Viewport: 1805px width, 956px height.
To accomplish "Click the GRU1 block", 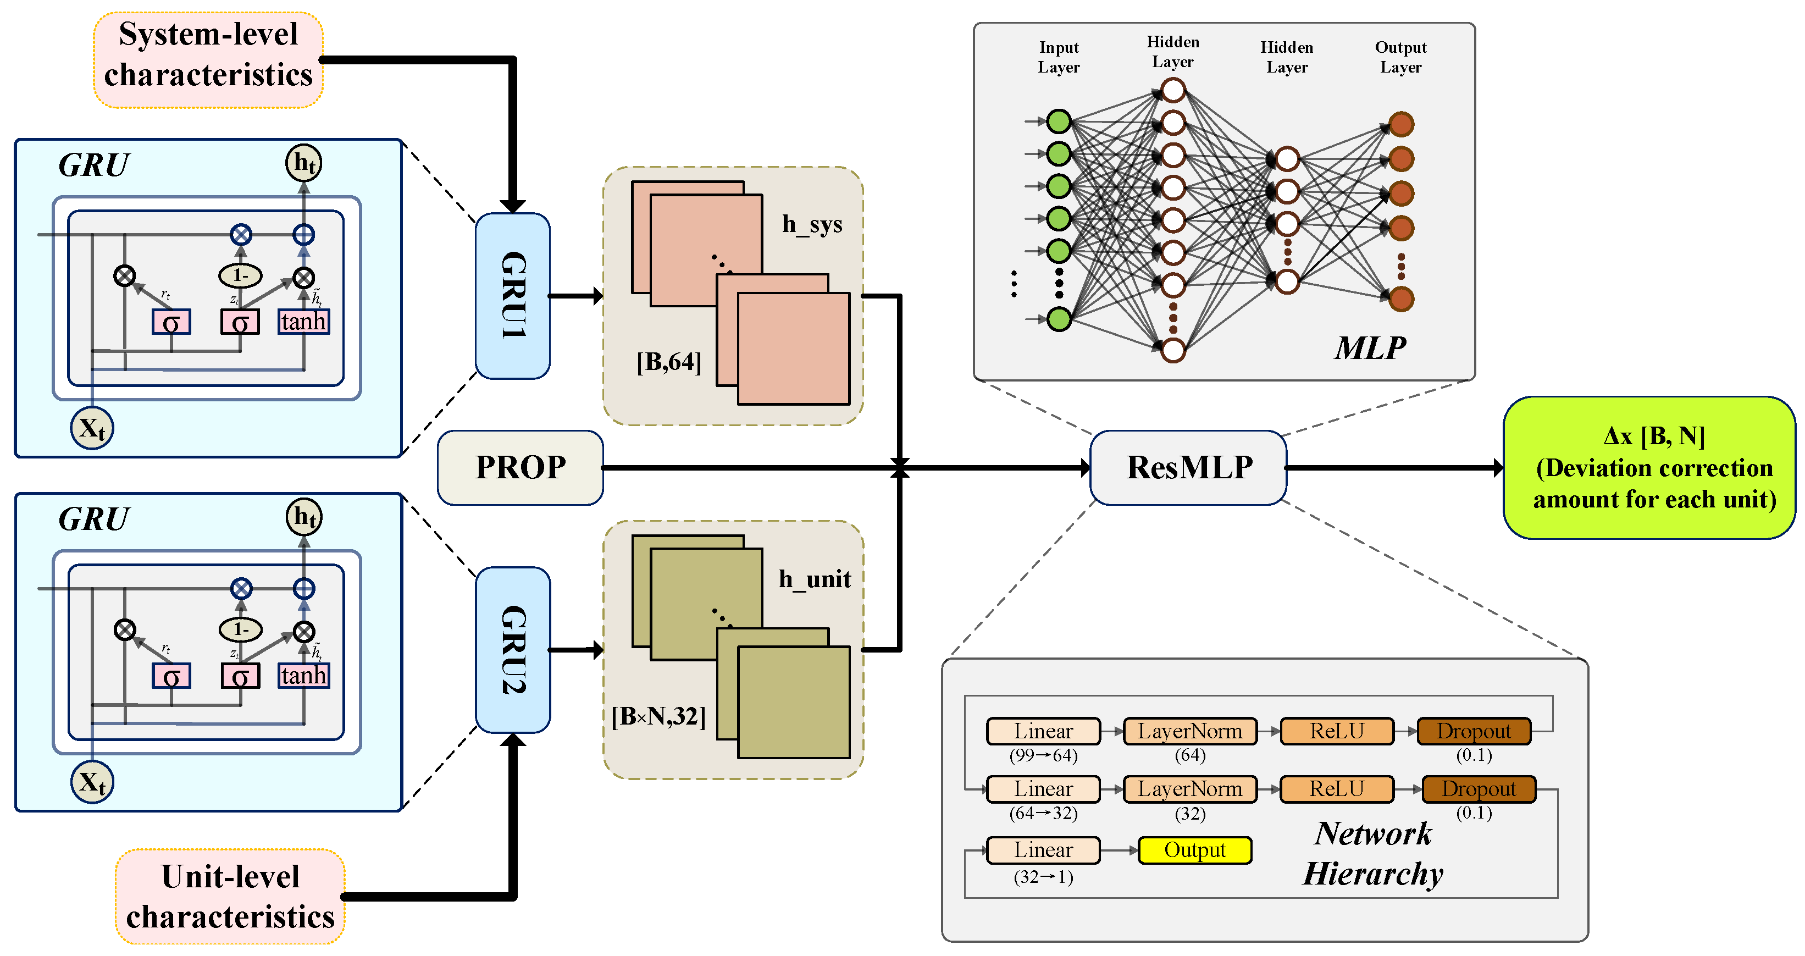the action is pyautogui.click(x=512, y=296).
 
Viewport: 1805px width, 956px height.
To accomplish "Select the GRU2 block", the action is pyautogui.click(x=512, y=650).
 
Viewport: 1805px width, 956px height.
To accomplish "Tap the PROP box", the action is pyautogui.click(x=520, y=467).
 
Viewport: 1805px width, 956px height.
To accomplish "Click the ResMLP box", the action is pyautogui.click(x=1188, y=467).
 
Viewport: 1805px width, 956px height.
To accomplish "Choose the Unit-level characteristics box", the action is pyautogui.click(x=230, y=897).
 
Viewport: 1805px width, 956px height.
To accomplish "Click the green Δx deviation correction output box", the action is pyautogui.click(x=1649, y=467).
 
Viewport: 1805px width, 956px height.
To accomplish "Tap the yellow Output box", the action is pyautogui.click(x=1195, y=850).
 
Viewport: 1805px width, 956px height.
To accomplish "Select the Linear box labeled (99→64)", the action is pyautogui.click(x=1043, y=731).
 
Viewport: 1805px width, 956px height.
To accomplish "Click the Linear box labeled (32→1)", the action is pyautogui.click(x=1043, y=850).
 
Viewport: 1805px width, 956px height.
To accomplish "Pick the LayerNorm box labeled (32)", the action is pyautogui.click(x=1190, y=789).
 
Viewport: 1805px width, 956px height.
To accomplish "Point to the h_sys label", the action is pyautogui.click(x=812, y=224).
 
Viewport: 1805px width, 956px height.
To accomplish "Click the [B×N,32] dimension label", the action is pyautogui.click(x=658, y=716).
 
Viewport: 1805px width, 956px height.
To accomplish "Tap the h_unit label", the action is pyautogui.click(x=815, y=579).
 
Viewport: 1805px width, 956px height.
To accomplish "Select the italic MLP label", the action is pyautogui.click(x=1370, y=347).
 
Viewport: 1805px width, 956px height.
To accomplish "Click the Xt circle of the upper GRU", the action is pyautogui.click(x=92, y=428).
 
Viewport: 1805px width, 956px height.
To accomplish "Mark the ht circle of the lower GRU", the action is pyautogui.click(x=304, y=517).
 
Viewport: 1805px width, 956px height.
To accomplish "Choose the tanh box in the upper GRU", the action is pyautogui.click(x=303, y=322).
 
